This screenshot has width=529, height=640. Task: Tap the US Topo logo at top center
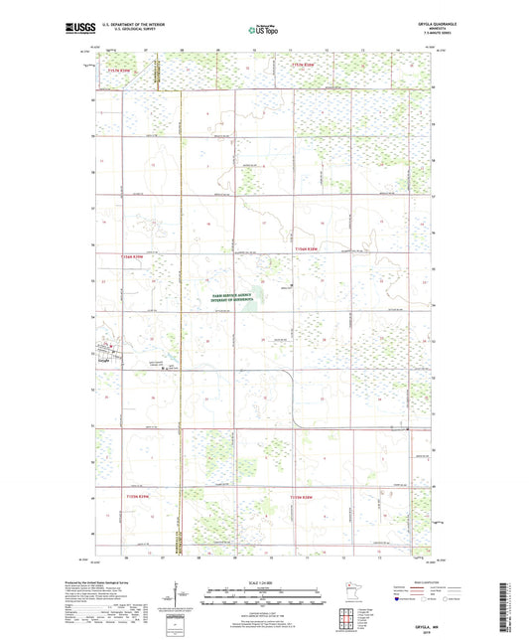click(x=262, y=31)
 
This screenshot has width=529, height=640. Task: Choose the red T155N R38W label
click(x=303, y=494)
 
